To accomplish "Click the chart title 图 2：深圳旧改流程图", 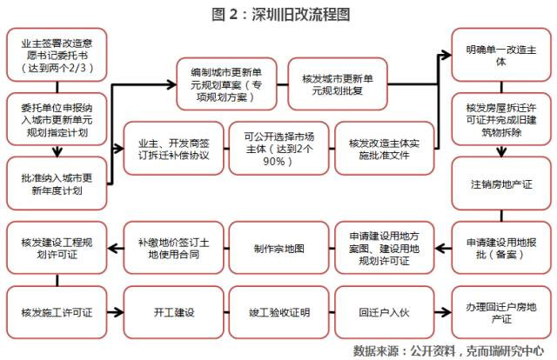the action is pyautogui.click(x=280, y=15).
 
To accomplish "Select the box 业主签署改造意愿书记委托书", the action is pyautogui.click(x=57, y=55).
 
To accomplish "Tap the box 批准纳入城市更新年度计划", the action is pyautogui.click(x=57, y=183).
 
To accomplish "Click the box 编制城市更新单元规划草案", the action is pyautogui.click(x=226, y=84).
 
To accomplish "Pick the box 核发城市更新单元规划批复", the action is pyautogui.click(x=338, y=84).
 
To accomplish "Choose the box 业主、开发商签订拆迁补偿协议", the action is pyautogui.click(x=174, y=149).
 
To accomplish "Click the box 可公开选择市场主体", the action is pyautogui.click(x=278, y=149).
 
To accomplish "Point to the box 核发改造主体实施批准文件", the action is pyautogui.click(x=385, y=149).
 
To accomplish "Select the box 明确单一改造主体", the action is pyautogui.click(x=501, y=55).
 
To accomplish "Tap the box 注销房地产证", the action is pyautogui.click(x=501, y=183).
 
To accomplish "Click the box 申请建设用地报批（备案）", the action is pyautogui.click(x=501, y=248).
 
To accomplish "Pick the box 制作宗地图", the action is pyautogui.click(x=278, y=248).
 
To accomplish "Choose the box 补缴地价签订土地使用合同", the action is pyautogui.click(x=174, y=248).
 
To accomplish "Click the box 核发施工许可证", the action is pyautogui.click(x=57, y=312).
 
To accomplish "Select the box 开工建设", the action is pyautogui.click(x=174, y=312).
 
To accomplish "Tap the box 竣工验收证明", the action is pyautogui.click(x=278, y=312).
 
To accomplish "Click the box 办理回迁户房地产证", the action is pyautogui.click(x=501, y=312).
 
